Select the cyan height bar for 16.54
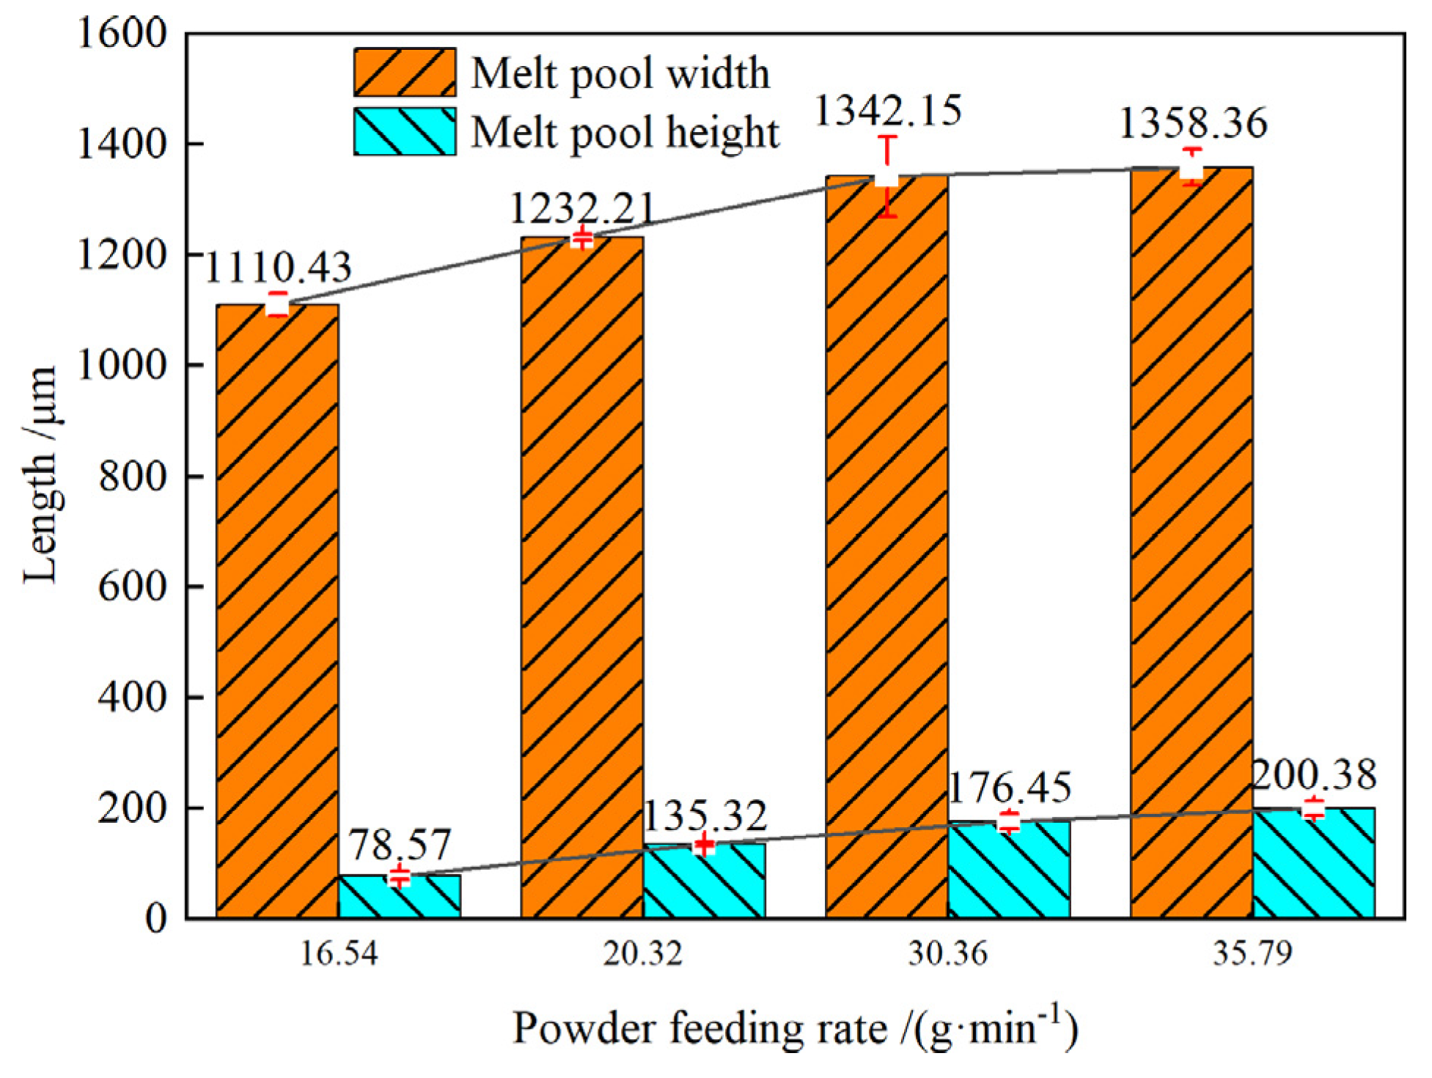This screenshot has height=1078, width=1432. pos(400,896)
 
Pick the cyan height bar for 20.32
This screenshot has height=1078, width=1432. pos(704,881)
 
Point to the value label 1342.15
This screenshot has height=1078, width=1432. pos(888,111)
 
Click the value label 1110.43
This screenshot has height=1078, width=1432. pos(278,267)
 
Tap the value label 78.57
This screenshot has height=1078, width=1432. pos(399,845)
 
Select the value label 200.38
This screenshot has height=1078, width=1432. pos(1313,775)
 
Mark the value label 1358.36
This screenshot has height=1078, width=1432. pos(1193,123)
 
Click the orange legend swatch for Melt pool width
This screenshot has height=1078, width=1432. pos(405,73)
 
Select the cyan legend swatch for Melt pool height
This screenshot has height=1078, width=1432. pos(405,132)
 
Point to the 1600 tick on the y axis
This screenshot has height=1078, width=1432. pos(122,34)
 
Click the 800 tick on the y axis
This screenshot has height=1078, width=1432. pos(132,476)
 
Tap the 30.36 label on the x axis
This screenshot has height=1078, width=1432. pos(947,953)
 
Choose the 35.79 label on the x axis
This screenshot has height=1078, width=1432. pos(1252,953)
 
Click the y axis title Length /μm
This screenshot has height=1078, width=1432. pos(41,475)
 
